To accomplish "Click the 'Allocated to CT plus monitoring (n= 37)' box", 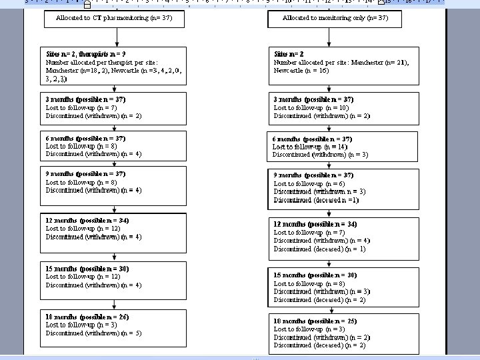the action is [x=114, y=19].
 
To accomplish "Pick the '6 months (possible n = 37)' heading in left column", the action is [x=85, y=138].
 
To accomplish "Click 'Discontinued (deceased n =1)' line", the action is [x=316, y=200].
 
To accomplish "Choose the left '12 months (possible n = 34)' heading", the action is [x=87, y=220].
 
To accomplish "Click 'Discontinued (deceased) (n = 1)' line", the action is [x=319, y=249].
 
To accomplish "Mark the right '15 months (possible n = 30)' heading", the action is [x=315, y=275].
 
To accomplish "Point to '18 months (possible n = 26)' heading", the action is [x=87, y=317].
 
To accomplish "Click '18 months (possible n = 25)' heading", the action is [x=315, y=321].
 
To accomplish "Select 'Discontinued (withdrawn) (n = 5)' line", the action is [x=93, y=333].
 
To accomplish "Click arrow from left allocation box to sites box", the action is [x=114, y=37].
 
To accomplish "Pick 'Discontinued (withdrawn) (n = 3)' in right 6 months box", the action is [x=320, y=155].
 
